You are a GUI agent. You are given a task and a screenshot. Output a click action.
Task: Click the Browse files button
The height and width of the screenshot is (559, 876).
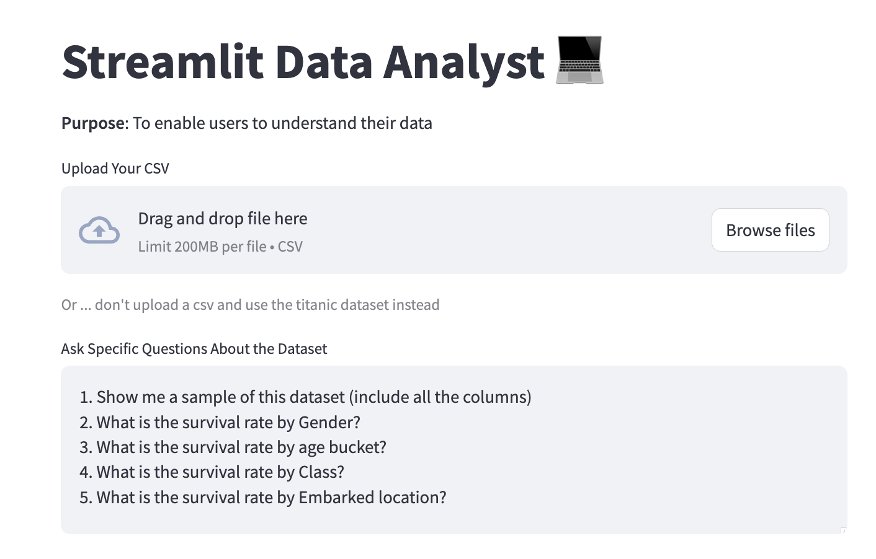(770, 230)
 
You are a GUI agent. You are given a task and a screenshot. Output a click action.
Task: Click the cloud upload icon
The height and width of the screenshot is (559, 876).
(99, 230)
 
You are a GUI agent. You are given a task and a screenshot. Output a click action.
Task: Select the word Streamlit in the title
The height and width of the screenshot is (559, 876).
(163, 62)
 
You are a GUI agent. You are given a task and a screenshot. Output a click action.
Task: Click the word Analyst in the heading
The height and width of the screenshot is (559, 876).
(463, 62)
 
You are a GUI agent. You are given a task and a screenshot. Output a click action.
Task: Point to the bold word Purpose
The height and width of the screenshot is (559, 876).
(93, 123)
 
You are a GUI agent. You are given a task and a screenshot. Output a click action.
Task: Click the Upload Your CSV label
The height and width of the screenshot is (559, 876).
(115, 169)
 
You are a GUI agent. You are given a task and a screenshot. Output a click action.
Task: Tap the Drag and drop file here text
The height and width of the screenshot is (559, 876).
(222, 219)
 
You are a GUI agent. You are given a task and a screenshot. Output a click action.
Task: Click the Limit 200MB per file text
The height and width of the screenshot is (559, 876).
(202, 247)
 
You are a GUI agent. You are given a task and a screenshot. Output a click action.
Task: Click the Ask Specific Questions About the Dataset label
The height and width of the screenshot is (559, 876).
(194, 349)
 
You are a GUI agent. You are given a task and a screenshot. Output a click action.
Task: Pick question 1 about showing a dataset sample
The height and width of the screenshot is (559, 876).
(305, 397)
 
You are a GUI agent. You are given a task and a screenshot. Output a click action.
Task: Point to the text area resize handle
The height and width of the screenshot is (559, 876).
(843, 530)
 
